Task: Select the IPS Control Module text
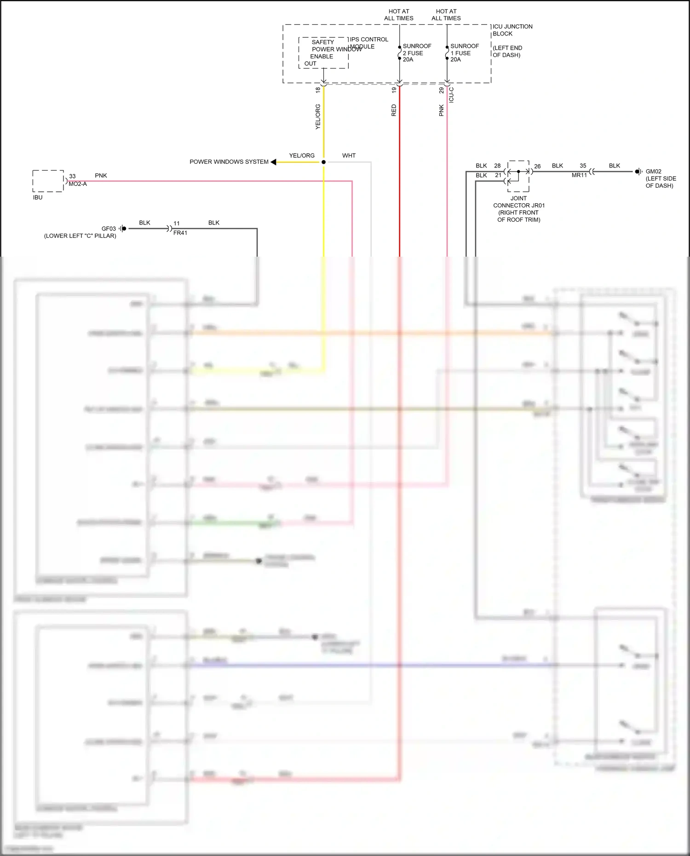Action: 368,43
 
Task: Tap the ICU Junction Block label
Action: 512,30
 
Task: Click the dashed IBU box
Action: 48,181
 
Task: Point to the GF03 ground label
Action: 109,229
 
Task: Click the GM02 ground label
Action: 653,172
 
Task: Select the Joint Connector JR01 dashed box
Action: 518,176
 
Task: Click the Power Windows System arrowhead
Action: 273,162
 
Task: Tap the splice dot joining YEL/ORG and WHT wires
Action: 323,162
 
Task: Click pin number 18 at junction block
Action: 318,90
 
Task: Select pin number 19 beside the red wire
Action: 394,90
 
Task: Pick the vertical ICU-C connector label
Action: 451,95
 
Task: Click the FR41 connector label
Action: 180,233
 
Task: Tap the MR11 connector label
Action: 579,175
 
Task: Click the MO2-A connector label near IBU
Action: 77,184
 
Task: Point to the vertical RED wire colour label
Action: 394,110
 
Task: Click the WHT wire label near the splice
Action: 349,155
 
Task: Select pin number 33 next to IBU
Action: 72,176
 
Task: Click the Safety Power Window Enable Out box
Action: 323,53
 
